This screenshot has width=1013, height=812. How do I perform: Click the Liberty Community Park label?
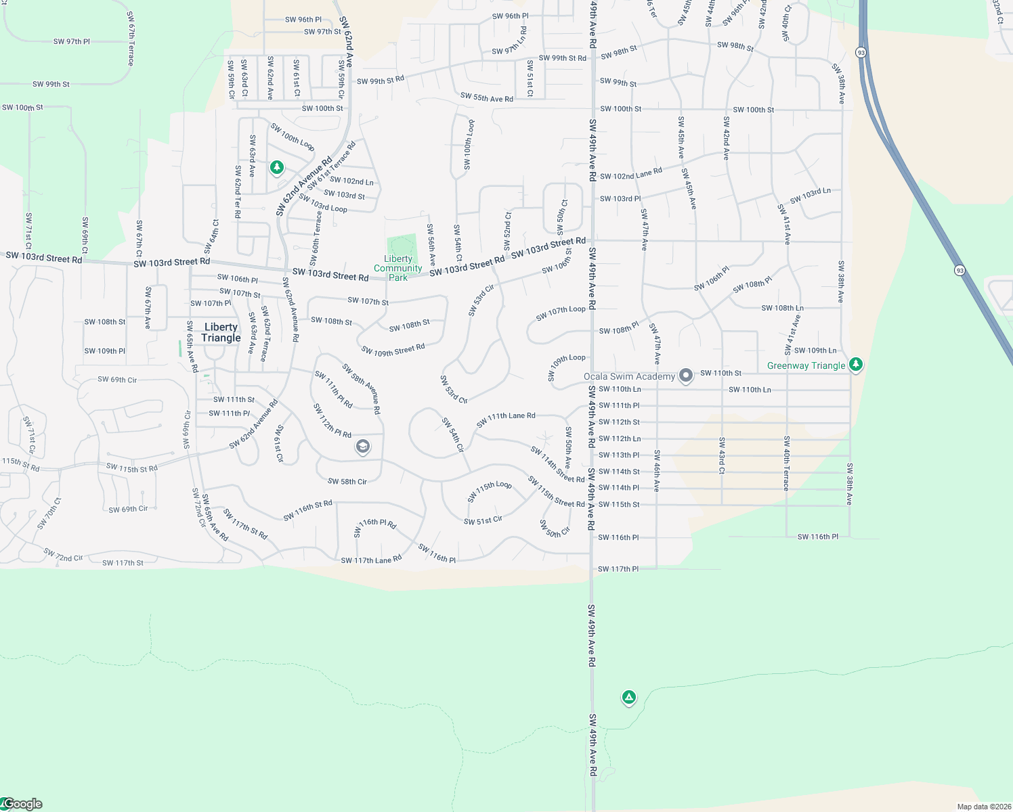pos(398,269)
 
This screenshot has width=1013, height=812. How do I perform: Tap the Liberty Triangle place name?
pos(221,332)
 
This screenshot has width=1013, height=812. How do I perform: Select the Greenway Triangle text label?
pos(806,365)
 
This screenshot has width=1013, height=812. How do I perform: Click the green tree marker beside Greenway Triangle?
pos(856,364)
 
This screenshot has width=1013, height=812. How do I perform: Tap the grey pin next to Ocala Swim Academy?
pos(686,375)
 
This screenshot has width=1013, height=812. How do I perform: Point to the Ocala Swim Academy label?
pos(629,376)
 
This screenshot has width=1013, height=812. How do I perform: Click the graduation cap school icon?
pos(363,446)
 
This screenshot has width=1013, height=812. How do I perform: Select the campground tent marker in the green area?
pos(628,697)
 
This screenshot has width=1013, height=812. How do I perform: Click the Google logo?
pos(22,804)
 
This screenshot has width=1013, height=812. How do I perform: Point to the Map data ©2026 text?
pos(983,807)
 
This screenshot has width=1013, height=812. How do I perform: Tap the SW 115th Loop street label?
pos(490,491)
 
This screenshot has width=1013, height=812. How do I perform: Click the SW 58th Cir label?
pos(347,482)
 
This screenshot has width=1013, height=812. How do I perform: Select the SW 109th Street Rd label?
pos(393,350)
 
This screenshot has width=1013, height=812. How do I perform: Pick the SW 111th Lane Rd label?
pos(506,420)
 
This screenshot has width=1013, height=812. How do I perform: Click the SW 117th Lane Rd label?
pos(371,560)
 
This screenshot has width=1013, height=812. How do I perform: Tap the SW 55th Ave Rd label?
pos(486,98)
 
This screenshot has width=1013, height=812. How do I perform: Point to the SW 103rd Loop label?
pos(323,204)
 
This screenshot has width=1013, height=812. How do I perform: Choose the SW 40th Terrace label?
pos(786,464)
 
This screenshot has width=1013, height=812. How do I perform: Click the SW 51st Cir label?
pos(483,520)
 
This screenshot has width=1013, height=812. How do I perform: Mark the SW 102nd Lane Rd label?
pos(631,174)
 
